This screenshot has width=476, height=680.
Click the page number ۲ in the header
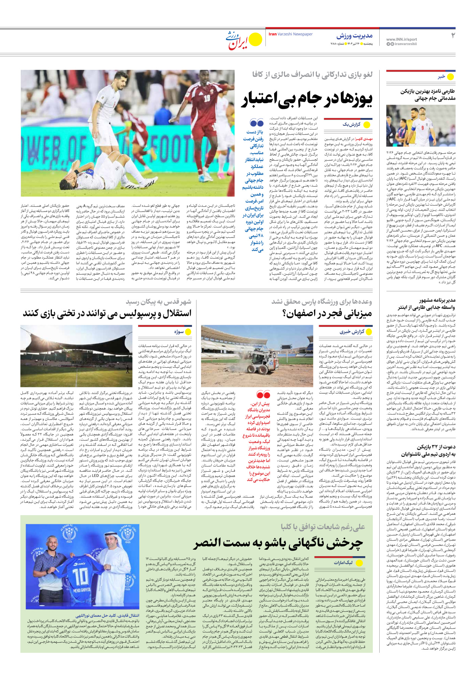coord(453,35)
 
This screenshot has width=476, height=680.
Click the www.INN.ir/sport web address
coord(401,39)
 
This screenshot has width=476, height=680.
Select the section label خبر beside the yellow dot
coord(441,77)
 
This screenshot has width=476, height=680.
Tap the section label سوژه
coord(179,332)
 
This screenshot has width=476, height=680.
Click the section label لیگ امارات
coord(343,562)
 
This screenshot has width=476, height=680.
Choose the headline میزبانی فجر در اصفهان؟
coord(327,314)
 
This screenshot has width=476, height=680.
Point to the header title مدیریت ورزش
coord(354,36)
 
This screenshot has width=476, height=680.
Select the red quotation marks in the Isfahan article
coord(263,394)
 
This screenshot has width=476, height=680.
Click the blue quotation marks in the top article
coord(257,123)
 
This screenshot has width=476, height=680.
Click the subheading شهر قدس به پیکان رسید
coord(158,302)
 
